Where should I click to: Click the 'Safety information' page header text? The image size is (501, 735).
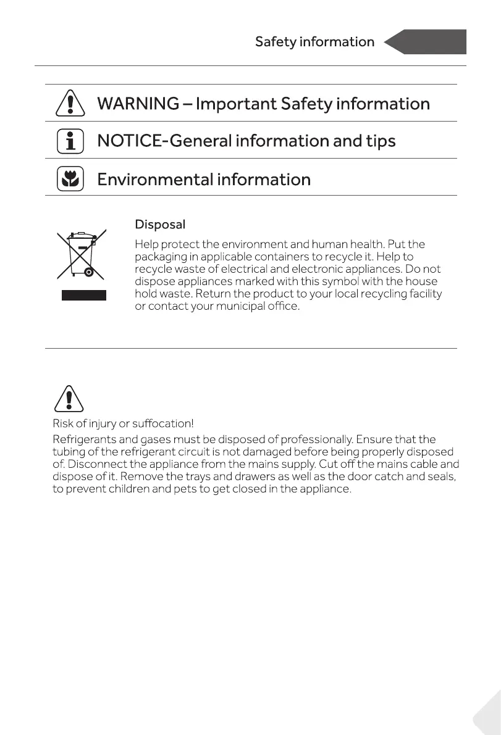pos(314,42)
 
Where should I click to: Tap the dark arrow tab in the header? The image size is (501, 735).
pos(426,42)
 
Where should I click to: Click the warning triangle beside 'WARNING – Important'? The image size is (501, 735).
pos(70,103)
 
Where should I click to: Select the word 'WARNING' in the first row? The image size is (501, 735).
pos(138,104)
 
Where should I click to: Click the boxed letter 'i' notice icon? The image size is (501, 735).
pos(70,141)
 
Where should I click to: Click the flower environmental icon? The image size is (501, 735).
pos(70,179)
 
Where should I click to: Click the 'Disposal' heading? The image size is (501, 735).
pos(160,224)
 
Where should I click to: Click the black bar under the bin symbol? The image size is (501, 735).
pos(83,295)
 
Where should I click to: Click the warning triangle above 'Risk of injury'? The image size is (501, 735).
pos(70,397)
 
